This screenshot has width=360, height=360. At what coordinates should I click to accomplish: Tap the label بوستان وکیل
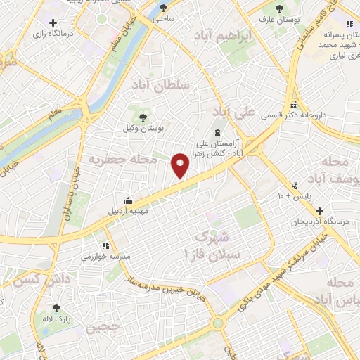[143, 129]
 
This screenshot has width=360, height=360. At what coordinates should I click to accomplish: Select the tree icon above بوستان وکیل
[143, 117]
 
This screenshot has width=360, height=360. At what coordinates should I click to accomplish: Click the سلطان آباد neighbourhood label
[160, 83]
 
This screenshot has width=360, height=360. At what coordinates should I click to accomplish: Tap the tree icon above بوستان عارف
[281, 10]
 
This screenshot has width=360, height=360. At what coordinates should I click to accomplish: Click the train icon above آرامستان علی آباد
[217, 131]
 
